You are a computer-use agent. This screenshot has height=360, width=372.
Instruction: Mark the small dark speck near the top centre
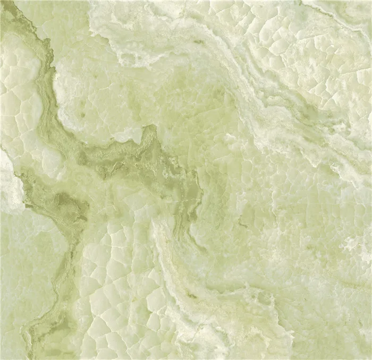(x=199, y=42)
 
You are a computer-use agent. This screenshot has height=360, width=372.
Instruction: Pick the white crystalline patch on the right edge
(x=356, y=244)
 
